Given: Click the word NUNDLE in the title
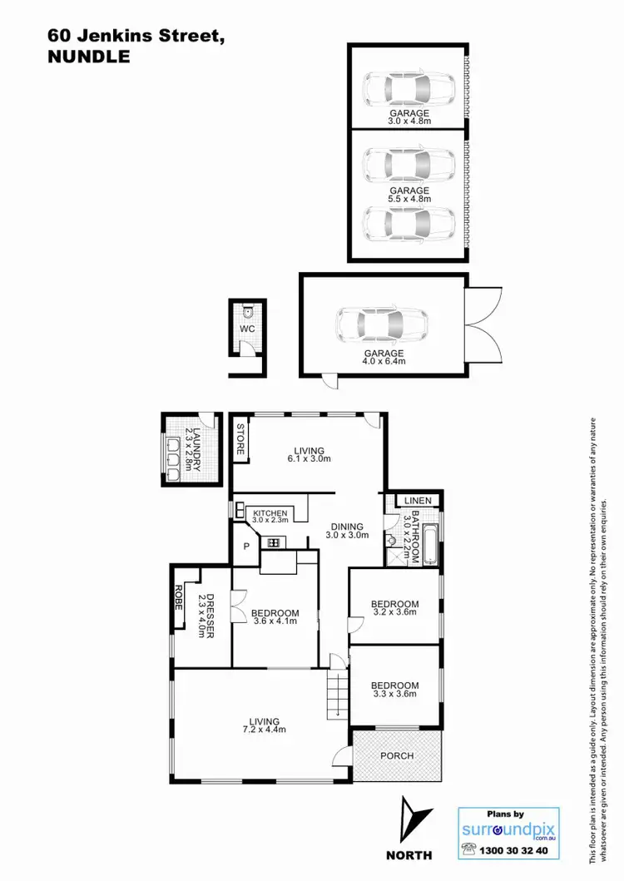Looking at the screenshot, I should pos(90,57).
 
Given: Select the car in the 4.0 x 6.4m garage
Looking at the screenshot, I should pos(383,325).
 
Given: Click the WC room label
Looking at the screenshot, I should pos(247,329).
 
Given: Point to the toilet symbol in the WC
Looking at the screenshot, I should pos(249,313).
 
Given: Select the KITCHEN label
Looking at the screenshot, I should pos(270,512).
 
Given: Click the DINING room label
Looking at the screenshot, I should pos(346,526).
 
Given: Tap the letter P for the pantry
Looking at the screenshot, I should pos(247,547).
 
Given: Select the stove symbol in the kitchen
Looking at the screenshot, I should pos(271,543).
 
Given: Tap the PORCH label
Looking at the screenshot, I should pos(396,755).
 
